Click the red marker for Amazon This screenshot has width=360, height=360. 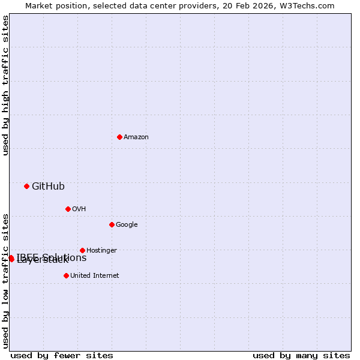[x=119, y=137]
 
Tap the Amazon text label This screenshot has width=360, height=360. [x=136, y=137]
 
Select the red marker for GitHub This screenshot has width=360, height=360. [x=26, y=186]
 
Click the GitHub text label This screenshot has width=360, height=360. [x=48, y=187]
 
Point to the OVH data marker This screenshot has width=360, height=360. [x=68, y=209]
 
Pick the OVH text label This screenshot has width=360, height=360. [x=79, y=209]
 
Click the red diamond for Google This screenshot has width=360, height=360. [x=112, y=224]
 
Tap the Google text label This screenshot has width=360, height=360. [x=127, y=225]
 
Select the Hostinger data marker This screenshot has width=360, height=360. [x=82, y=250]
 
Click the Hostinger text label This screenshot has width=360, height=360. [x=101, y=251]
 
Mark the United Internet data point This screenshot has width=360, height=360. [x=66, y=275]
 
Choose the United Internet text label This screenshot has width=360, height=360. [x=94, y=276]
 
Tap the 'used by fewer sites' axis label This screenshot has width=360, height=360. [x=62, y=356]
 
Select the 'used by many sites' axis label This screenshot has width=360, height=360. [x=301, y=356]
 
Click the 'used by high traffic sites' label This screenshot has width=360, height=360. [x=6, y=85]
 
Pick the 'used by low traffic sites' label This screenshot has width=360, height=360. [x=6, y=280]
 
